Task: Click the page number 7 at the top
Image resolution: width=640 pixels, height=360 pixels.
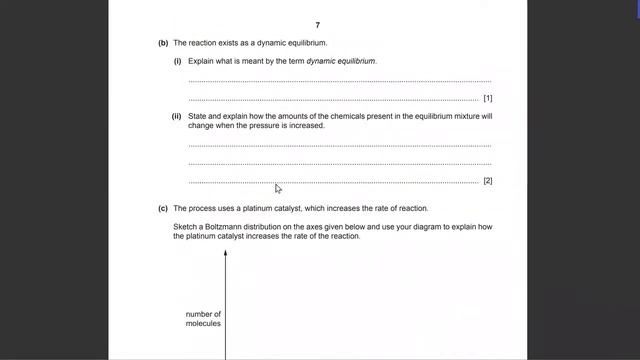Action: pos(317,24)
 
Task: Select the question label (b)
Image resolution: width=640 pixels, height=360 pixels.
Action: pos(163,43)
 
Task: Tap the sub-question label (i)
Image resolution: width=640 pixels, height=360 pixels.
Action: pos(178,61)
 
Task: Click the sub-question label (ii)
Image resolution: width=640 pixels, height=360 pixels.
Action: pos(178,116)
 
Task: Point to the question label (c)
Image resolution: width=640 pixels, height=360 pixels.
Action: pos(163,208)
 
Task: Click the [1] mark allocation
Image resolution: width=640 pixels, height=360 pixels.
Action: pos(487,98)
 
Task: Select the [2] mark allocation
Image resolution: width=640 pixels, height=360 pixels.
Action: pos(487,181)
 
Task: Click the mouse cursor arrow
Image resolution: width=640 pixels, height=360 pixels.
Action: pos(278,188)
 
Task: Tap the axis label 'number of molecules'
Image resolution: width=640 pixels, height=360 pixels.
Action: pos(203,319)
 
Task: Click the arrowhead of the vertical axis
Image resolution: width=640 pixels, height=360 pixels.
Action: pos(226,254)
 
